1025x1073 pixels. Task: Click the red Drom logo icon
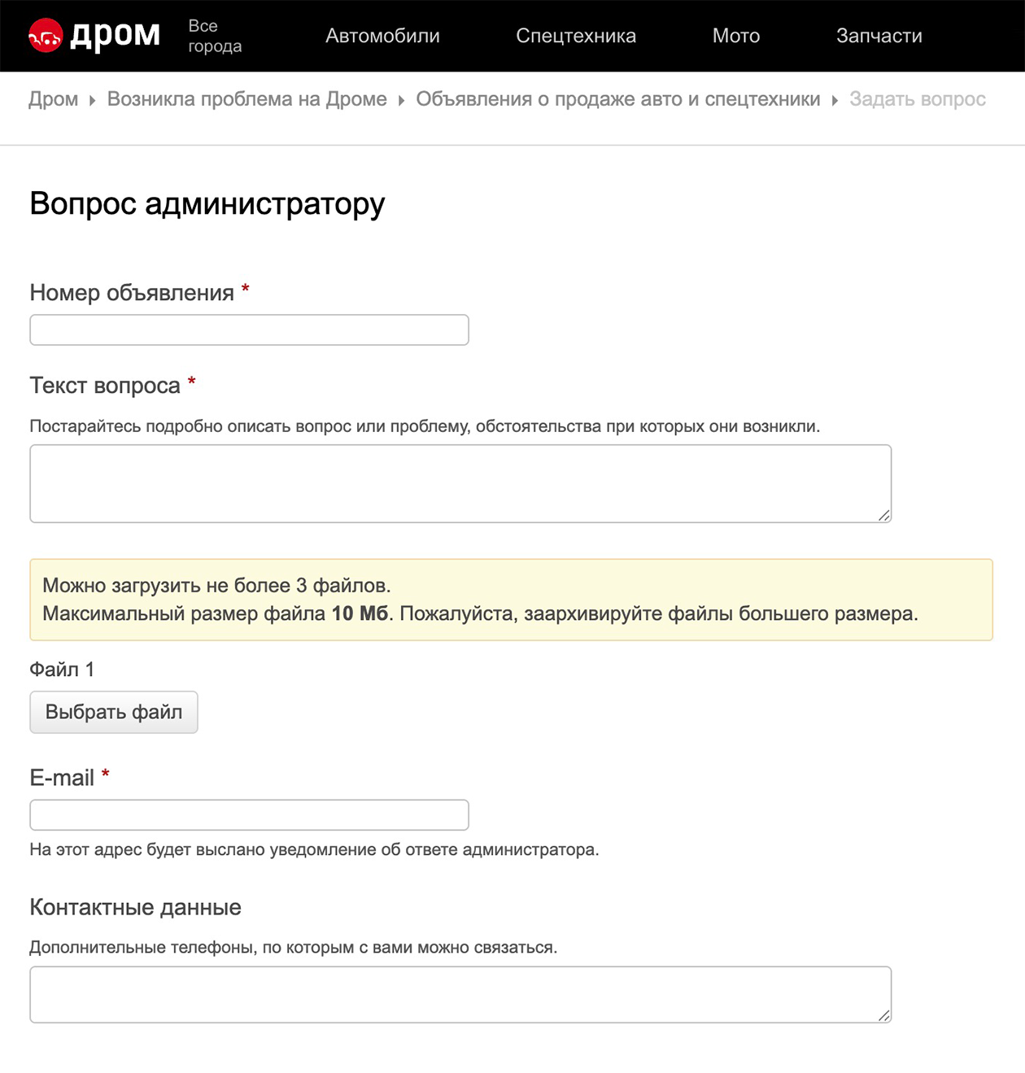(x=46, y=35)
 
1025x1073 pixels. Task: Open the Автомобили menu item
(x=382, y=36)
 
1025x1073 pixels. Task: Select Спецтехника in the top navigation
(x=576, y=36)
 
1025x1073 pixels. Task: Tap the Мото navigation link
(x=736, y=36)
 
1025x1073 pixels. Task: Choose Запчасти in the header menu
(x=879, y=36)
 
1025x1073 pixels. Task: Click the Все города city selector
(x=215, y=36)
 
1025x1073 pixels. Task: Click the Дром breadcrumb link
(x=54, y=99)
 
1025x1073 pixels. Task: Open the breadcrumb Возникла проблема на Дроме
(x=247, y=99)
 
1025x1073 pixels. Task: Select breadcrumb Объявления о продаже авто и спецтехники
(x=618, y=99)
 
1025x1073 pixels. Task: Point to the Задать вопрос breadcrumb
(x=918, y=99)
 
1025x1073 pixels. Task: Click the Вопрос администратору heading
(x=207, y=203)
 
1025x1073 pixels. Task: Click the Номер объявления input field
(x=249, y=329)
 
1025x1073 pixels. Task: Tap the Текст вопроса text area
(x=460, y=483)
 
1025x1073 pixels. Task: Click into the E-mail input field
(x=249, y=814)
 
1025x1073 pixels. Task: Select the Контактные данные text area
(x=460, y=994)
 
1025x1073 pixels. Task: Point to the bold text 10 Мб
(x=360, y=613)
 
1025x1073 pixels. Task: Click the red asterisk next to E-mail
(x=105, y=774)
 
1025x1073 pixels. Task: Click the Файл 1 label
(x=62, y=670)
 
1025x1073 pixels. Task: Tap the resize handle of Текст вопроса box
(x=884, y=515)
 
